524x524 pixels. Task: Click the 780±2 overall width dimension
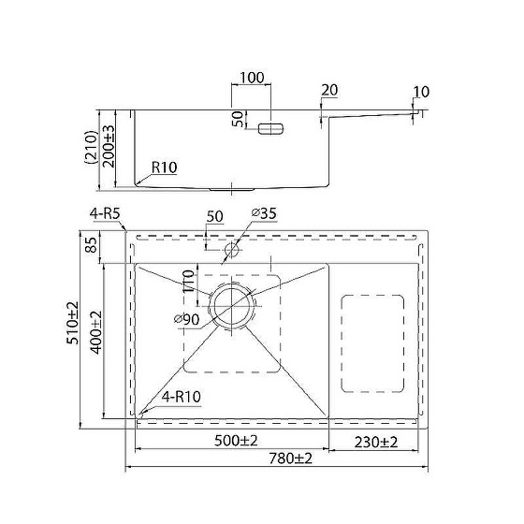(290, 458)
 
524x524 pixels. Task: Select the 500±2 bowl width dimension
(236, 441)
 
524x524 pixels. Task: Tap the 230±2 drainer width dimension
(376, 442)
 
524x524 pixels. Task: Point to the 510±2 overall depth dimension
(73, 323)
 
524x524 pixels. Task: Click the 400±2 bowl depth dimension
(96, 332)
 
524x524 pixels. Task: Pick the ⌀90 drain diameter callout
(187, 320)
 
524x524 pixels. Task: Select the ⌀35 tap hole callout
(264, 213)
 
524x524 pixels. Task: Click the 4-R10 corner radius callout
(182, 397)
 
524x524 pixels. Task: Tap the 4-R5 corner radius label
(105, 213)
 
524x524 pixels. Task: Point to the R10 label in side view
(164, 167)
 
